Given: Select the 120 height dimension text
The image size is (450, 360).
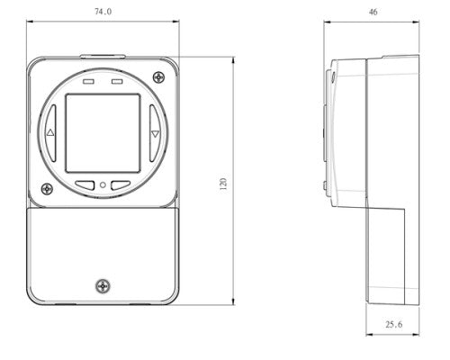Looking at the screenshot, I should click(223, 183).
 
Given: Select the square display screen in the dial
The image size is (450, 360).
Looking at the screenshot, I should click(103, 133).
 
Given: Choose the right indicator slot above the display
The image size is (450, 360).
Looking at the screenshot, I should click(116, 81).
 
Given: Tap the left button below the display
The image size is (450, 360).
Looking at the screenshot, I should click(86, 186).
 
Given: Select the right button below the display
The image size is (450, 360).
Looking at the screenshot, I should click(119, 186).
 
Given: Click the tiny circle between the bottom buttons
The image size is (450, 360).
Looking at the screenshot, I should click(103, 186).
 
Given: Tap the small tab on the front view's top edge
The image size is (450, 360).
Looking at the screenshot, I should click(103, 55).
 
